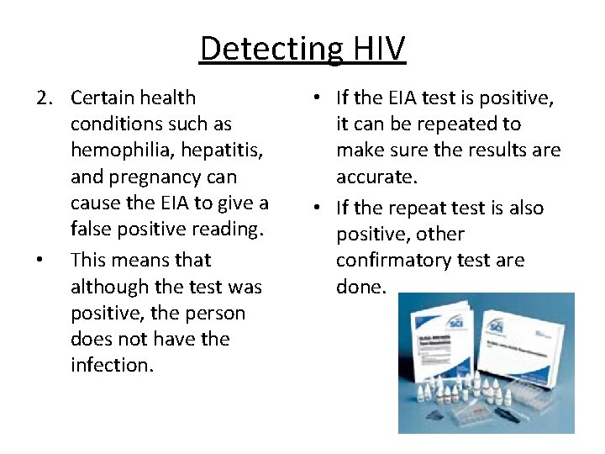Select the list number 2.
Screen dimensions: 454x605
pos(44,98)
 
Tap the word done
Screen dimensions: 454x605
pos(360,288)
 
